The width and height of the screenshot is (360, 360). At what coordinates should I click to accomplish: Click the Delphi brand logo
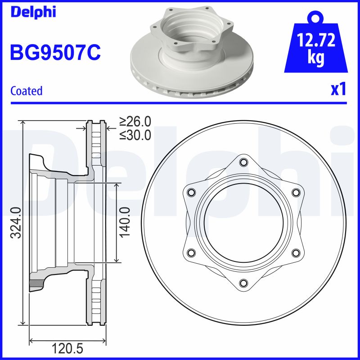click(x=33, y=12)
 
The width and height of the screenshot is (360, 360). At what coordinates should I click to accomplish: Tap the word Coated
click(x=26, y=90)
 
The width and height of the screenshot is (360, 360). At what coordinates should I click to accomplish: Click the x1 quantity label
click(x=338, y=90)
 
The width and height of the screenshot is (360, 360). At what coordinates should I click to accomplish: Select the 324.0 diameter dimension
click(x=15, y=222)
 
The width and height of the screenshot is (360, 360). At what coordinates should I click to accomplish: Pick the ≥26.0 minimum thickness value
click(x=135, y=121)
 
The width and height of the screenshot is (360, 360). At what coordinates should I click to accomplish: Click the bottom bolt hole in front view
click(x=243, y=283)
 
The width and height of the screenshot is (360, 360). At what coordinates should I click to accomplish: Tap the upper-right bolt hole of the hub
click(x=296, y=193)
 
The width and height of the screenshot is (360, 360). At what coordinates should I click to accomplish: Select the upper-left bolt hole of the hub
click(x=191, y=193)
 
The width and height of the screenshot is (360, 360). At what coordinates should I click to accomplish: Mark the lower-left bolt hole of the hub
click(x=191, y=252)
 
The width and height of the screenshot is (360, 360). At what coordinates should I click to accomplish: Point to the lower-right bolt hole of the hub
click(x=296, y=252)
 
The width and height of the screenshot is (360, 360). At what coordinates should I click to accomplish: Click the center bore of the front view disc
click(x=243, y=222)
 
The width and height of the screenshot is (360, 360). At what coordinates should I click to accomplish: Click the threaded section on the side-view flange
click(x=35, y=283)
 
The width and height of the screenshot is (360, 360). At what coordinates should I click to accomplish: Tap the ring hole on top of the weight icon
click(x=315, y=18)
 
